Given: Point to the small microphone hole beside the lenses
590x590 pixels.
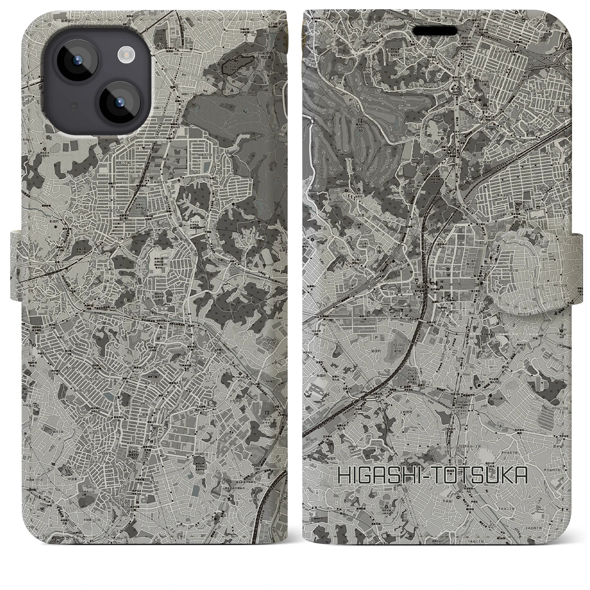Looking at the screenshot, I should pyautogui.click(x=72, y=106).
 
